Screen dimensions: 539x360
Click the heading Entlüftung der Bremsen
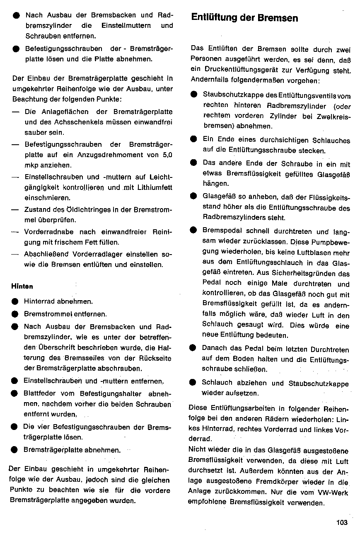click(x=244, y=18)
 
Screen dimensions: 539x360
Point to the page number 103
click(x=342, y=522)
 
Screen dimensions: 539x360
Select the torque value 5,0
click(x=168, y=155)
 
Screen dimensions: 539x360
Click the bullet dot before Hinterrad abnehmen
click(x=15, y=302)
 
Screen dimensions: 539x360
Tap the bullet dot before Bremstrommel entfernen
click(x=15, y=314)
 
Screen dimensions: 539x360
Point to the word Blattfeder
click(x=40, y=394)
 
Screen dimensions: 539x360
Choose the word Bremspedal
click(x=220, y=231)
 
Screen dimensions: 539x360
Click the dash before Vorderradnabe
click(x=15, y=232)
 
